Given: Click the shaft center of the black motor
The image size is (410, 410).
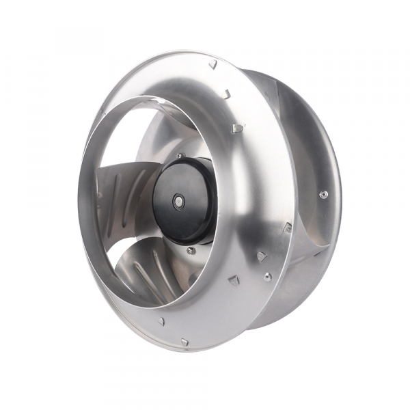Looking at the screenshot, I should point(178,202).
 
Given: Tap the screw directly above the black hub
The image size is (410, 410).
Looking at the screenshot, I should point(180,156).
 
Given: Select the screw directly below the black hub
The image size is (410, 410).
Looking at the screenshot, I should point(191,250).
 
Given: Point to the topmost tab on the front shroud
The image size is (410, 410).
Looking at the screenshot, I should point(213,64).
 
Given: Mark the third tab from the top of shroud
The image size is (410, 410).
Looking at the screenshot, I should point(236,128).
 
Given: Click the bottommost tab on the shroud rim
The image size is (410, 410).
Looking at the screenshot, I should point(184,341).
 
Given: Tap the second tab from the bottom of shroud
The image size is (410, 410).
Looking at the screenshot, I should point(161,320).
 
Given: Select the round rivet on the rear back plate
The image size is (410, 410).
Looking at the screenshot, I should point(323,194).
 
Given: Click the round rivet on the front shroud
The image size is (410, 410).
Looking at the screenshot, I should point(267,276).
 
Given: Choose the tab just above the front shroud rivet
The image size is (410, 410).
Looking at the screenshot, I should point(261,257).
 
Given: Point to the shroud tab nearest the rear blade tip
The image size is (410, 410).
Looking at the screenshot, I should point(288,226).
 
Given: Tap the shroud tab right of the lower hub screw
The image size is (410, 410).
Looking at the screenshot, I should point(233,279).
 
